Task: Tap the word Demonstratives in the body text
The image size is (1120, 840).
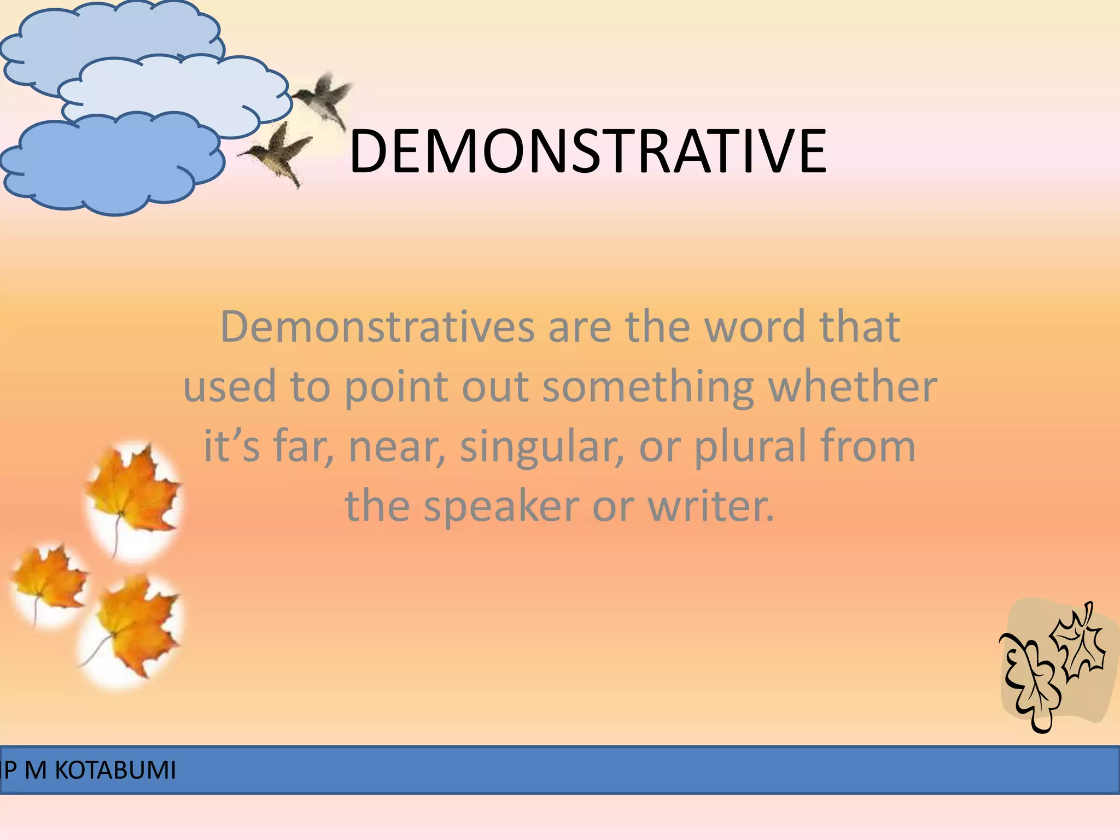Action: pyautogui.click(x=377, y=327)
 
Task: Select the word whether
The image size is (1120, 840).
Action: pyautogui.click(x=853, y=387)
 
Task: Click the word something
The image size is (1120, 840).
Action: pyautogui.click(x=648, y=387)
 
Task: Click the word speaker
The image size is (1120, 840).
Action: pyautogui.click(x=501, y=506)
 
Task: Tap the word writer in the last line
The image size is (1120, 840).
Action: pyautogui.click(x=711, y=506)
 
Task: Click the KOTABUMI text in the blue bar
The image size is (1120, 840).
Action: pyautogui.click(x=115, y=771)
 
